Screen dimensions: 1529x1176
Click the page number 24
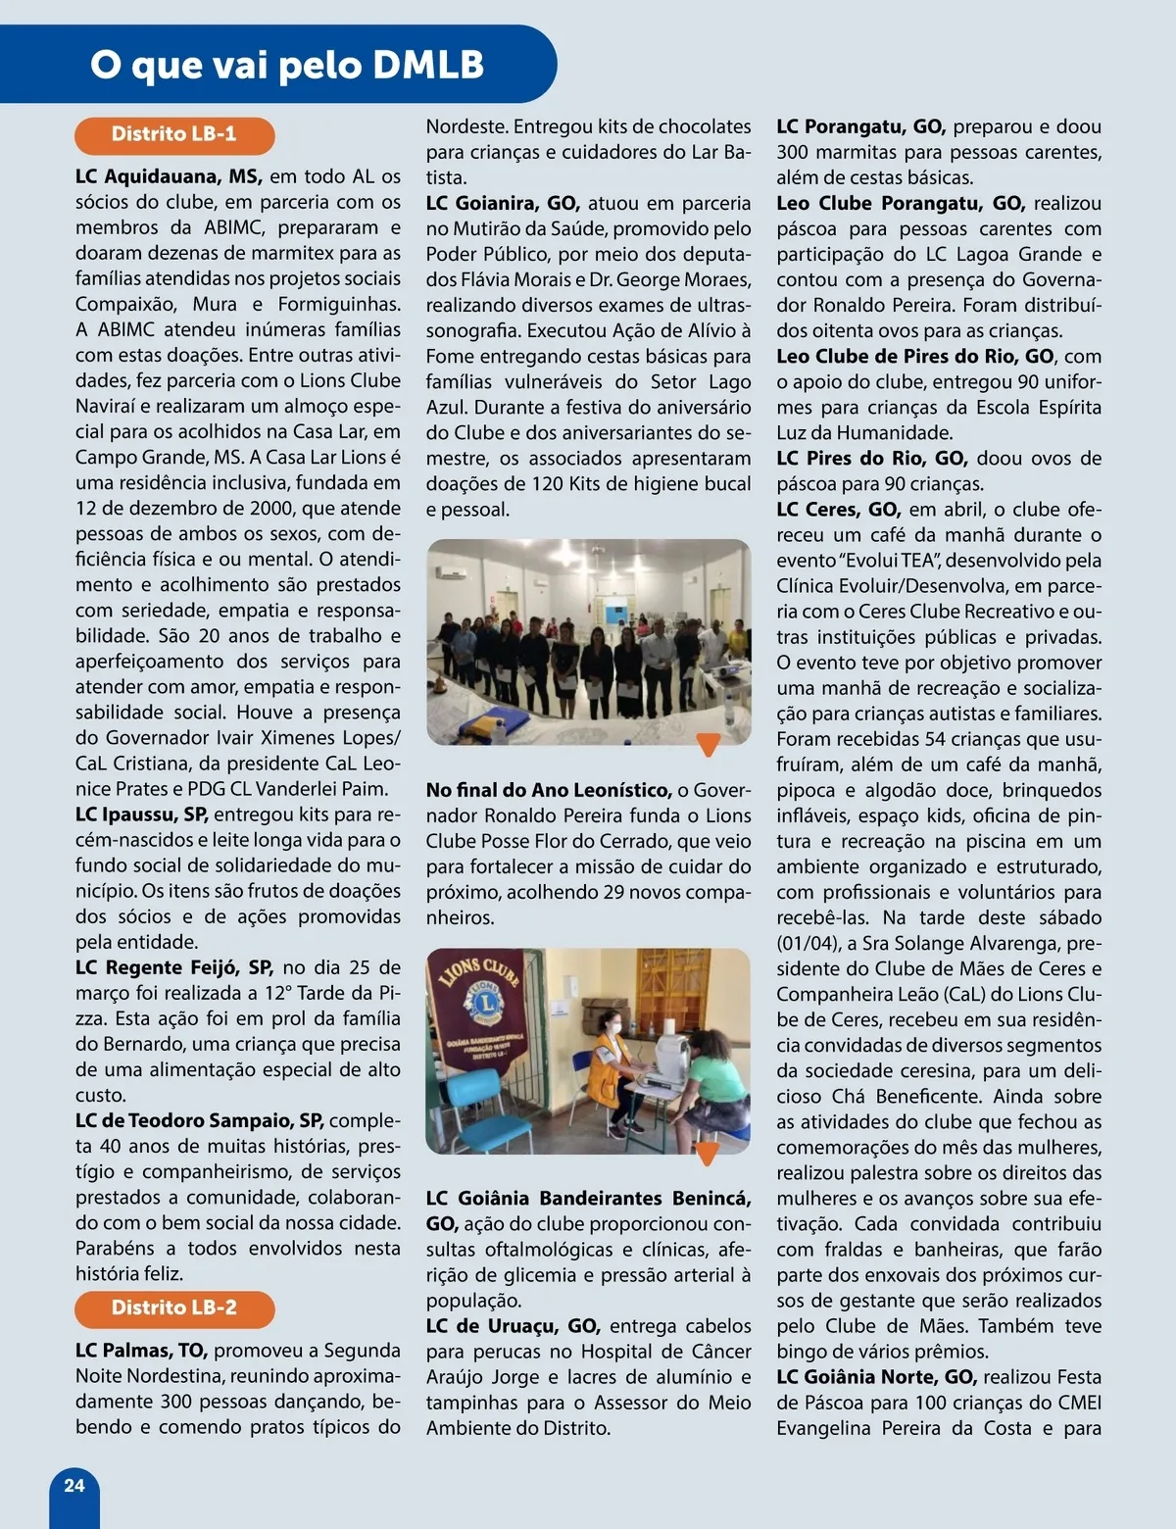pyautogui.click(x=73, y=1485)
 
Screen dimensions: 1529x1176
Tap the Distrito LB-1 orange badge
pyautogui.click(x=174, y=134)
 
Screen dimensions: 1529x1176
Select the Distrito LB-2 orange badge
pyautogui.click(x=174, y=1307)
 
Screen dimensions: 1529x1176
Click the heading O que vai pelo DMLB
pyautogui.click(x=287, y=65)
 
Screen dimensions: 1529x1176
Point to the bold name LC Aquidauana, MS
pyautogui.click(x=169, y=177)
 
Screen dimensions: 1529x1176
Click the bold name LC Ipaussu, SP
pyautogui.click(x=141, y=814)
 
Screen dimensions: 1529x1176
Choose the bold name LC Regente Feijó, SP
pyautogui.click(x=174, y=967)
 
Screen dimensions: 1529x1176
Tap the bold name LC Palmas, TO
pyautogui.click(x=140, y=1351)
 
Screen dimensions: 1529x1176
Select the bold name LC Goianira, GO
pyautogui.click(x=503, y=203)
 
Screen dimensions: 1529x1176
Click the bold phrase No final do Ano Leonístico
pyautogui.click(x=549, y=790)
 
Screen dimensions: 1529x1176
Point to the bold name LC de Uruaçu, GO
pyautogui.click(x=513, y=1326)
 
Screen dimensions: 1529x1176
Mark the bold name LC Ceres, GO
pyautogui.click(x=838, y=510)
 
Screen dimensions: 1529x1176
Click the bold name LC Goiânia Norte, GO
pyautogui.click(x=876, y=1377)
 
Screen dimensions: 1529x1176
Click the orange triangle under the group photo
pyautogui.click(x=708, y=745)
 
